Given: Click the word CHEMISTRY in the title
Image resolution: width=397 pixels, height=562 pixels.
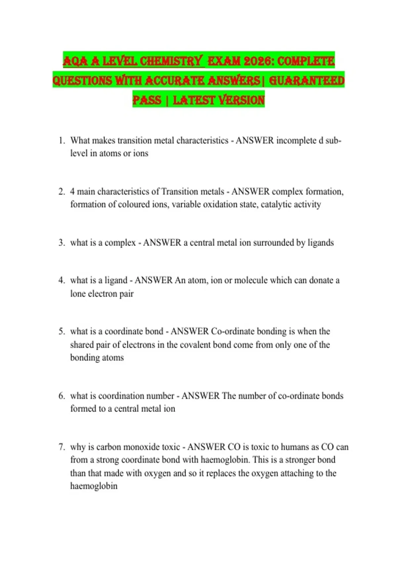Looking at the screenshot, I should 170,61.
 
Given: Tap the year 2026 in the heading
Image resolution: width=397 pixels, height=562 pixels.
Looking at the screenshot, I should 258,61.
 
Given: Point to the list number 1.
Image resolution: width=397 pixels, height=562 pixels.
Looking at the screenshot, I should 62,140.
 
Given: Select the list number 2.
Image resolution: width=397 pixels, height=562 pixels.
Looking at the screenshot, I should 62,192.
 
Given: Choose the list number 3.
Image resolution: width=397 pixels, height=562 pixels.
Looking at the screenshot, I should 62,243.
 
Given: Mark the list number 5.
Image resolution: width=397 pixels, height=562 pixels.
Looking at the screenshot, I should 62,331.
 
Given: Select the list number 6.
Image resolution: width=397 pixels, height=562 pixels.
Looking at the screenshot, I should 62,396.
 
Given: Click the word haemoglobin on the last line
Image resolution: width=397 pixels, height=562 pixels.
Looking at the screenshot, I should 94,486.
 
